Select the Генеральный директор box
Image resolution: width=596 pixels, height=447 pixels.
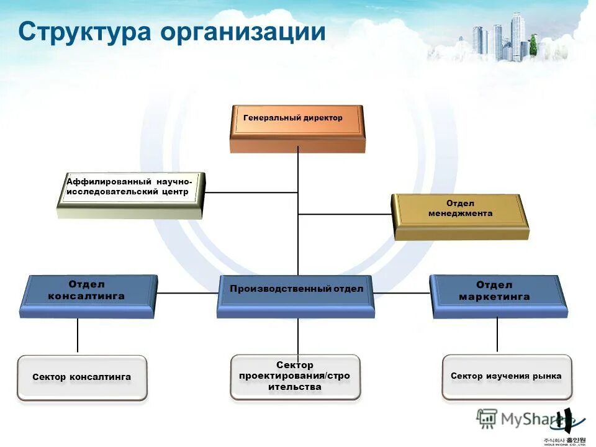[x=297, y=127]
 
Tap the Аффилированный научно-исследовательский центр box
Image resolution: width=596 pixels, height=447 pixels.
[x=130, y=194]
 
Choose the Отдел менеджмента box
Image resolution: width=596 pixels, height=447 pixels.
[x=460, y=215]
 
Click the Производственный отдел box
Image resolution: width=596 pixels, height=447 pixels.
[x=296, y=296]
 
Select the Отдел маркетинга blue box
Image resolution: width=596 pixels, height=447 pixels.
[x=498, y=296]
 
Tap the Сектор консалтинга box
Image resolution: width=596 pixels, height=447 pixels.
[x=82, y=377]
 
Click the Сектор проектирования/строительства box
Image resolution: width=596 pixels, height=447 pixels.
[x=295, y=377]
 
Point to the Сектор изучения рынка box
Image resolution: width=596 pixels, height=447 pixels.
[x=506, y=377]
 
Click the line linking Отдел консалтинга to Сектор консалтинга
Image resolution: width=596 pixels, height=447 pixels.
[x=78, y=336]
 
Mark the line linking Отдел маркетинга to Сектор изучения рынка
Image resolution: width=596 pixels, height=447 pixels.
[x=497, y=335]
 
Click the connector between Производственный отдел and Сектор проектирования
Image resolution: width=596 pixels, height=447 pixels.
[x=298, y=336]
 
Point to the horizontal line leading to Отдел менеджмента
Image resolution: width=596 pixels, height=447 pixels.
[x=345, y=214]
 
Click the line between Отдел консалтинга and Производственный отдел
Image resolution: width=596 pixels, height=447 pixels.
[x=186, y=292]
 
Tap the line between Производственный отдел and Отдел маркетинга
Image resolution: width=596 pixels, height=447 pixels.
[x=402, y=292]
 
